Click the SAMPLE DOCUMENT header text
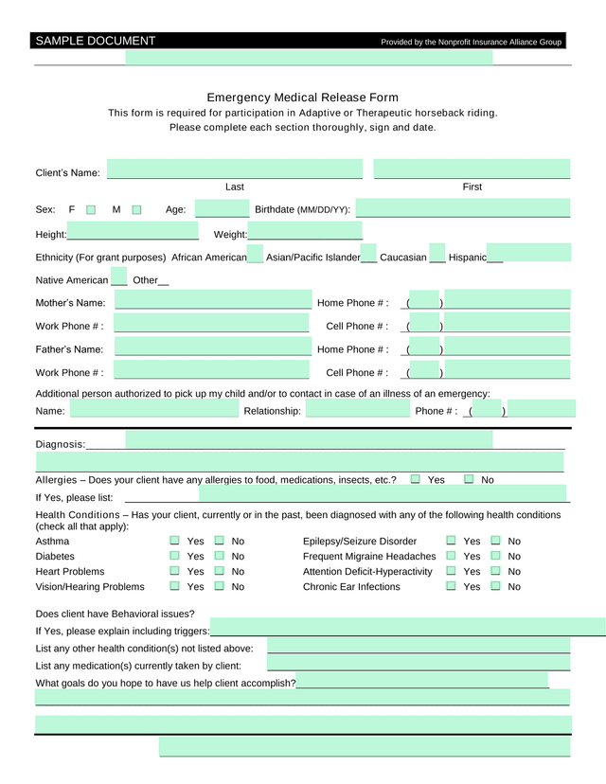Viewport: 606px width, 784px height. [95, 41]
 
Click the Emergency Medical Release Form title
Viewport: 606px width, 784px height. [302, 98]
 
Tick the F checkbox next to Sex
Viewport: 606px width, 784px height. [91, 209]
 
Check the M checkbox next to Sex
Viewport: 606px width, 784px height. [136, 209]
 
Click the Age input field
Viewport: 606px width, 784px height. [222, 209]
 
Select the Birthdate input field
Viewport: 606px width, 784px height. [463, 209]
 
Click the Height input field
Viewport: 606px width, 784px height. [133, 233]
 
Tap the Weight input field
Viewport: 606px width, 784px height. [305, 233]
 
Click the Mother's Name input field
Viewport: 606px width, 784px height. [212, 302]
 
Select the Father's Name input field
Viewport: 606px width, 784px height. [212, 348]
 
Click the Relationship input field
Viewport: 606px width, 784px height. [357, 410]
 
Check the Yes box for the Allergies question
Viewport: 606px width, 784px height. [416, 479]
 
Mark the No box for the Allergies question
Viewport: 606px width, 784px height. [469, 479]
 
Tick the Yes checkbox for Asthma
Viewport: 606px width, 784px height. [175, 541]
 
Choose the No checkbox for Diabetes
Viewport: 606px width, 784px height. [220, 556]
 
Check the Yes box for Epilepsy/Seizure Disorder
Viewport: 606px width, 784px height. [451, 541]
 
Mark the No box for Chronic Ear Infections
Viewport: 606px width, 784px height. [495, 586]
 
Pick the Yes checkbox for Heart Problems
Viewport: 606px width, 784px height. [175, 571]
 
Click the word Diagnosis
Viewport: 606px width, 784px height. [60, 444]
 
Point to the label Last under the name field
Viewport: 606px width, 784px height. [235, 187]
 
